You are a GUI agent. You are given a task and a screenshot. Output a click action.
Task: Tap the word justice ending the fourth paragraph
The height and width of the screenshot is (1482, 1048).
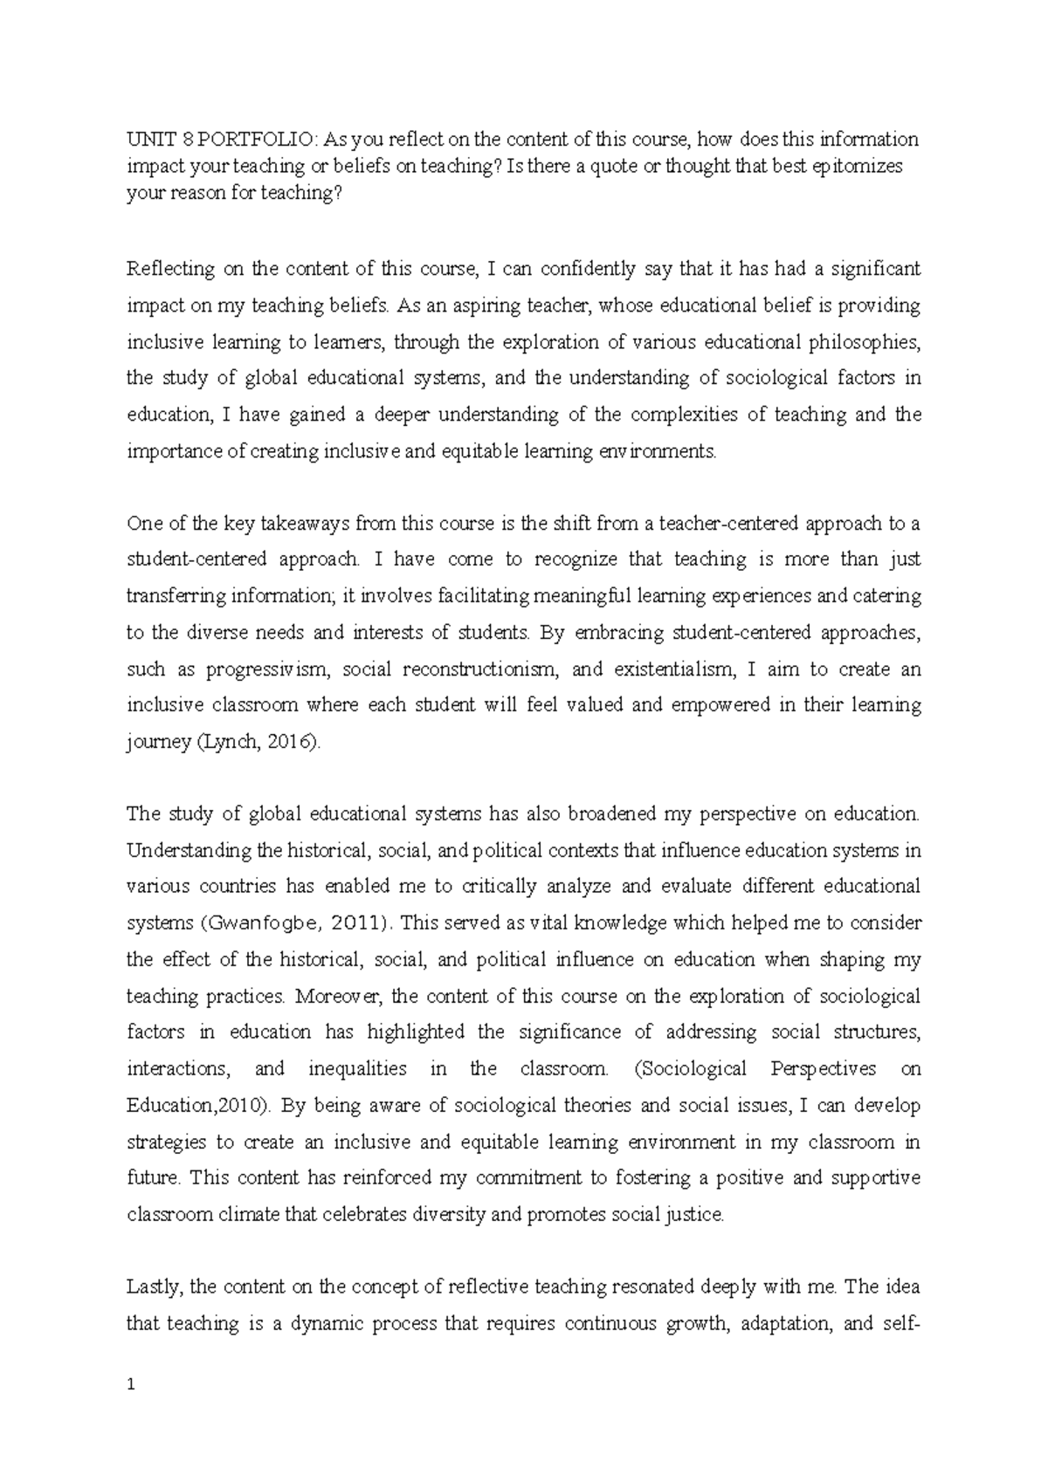pos(698,1214)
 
